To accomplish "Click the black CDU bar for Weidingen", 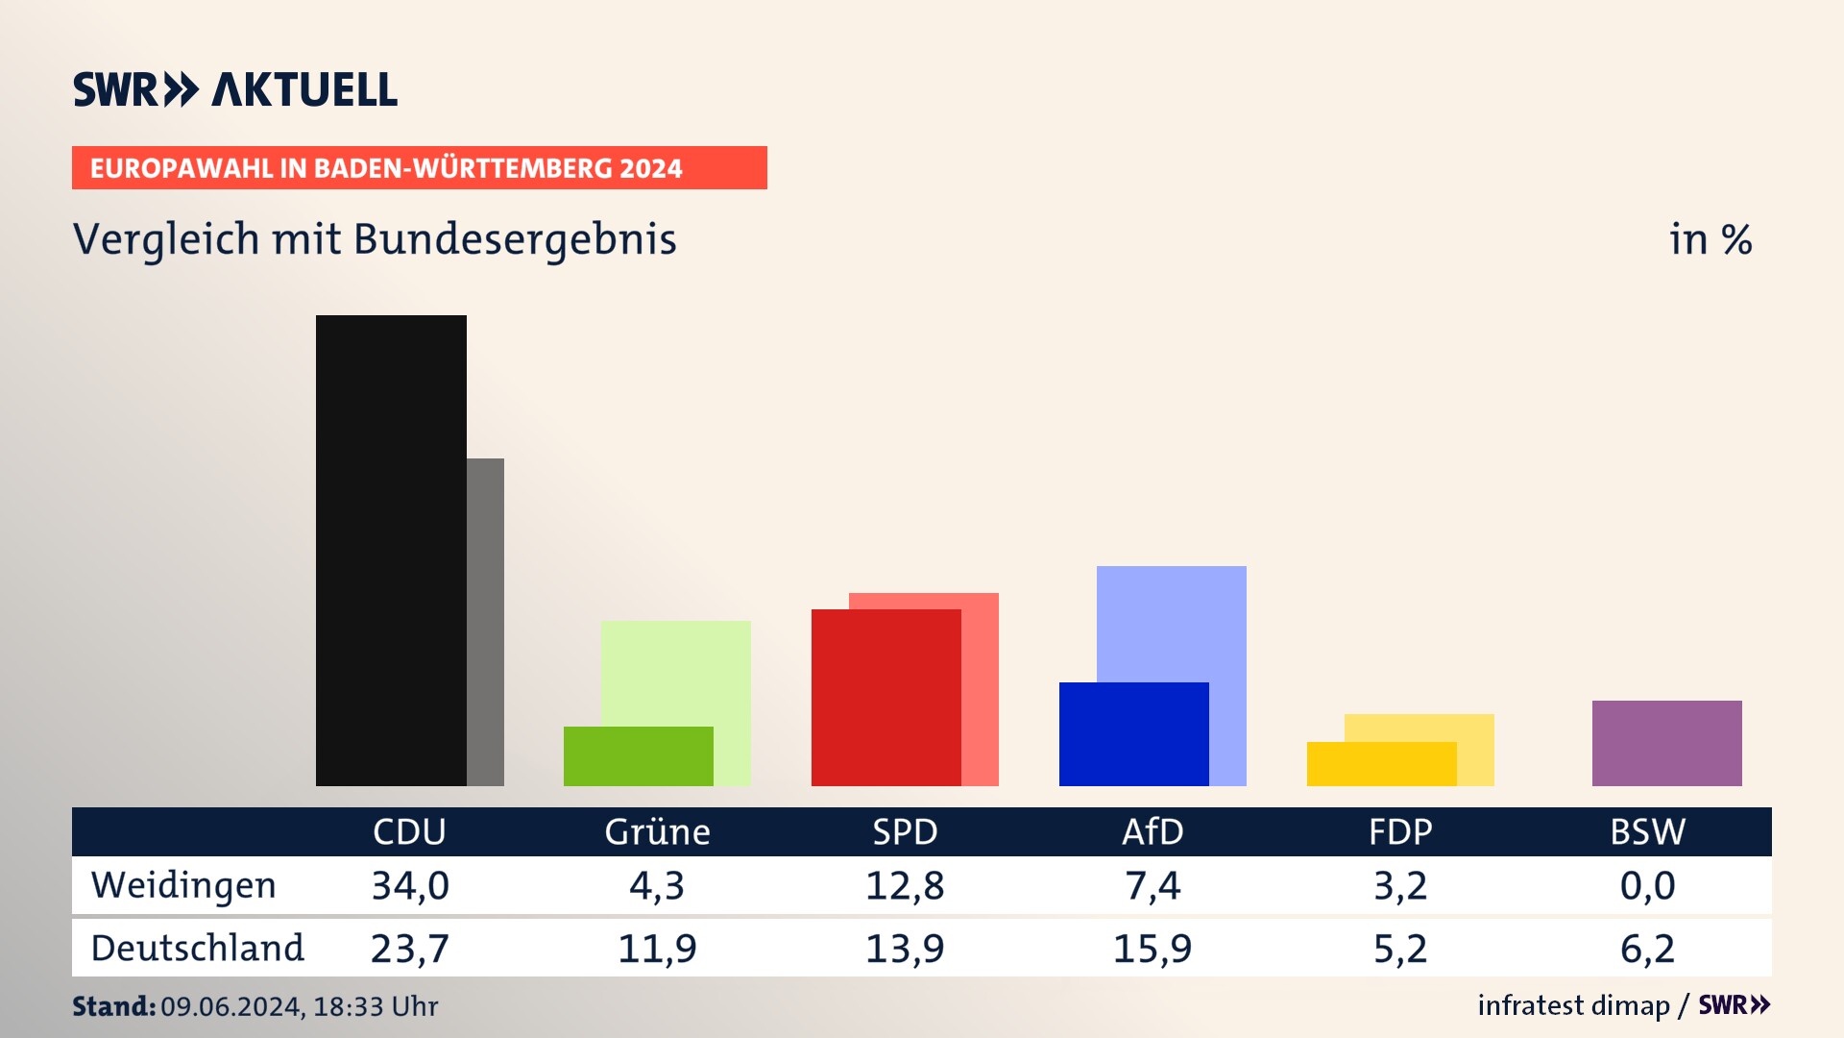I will tap(391, 550).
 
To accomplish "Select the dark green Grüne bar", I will tap(638, 756).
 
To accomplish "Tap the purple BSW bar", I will tap(1666, 743).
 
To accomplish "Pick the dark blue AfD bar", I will tap(1133, 734).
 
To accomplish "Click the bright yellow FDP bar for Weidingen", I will tap(1381, 764).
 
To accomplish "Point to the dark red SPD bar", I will tap(886, 698).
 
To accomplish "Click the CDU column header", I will tap(409, 832).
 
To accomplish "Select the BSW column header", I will tap(1647, 832).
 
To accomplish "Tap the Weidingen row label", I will tap(183, 885).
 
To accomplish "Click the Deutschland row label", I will tap(197, 949).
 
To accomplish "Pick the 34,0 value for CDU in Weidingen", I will tap(410, 885).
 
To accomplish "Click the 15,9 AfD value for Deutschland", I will tap(1152, 949).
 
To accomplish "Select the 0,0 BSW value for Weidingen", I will tap(1647, 885).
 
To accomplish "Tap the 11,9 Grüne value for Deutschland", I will tap(657, 949).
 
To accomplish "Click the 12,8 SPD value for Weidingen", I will tap(905, 885).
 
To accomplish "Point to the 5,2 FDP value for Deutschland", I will tap(1400, 949).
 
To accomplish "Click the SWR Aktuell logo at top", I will tap(235, 89).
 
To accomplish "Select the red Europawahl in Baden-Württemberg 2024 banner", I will tap(419, 168).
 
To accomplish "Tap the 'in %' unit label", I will tap(1711, 239).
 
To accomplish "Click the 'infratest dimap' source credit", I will tap(1573, 1005).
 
